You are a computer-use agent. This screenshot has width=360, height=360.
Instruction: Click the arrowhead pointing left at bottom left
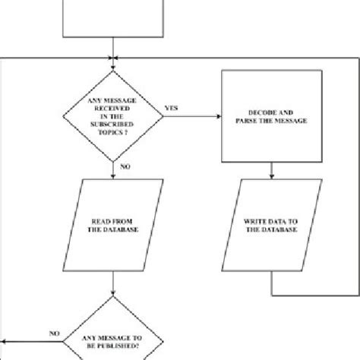[x=6, y=343]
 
